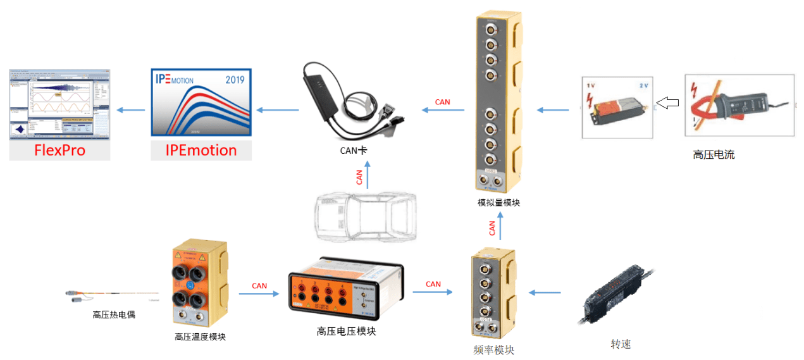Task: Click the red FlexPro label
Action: [x=59, y=151]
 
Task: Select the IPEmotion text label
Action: [x=201, y=151]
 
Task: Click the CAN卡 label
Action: [x=353, y=151]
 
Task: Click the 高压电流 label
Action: [x=714, y=154]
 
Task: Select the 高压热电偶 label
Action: [x=114, y=314]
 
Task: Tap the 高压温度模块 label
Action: [x=200, y=337]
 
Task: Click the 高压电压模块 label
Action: [x=346, y=331]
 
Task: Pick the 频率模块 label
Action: [x=493, y=349]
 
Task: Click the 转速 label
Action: [x=621, y=344]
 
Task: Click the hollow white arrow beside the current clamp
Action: [x=667, y=102]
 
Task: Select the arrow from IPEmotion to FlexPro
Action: [x=130, y=110]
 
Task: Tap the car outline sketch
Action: [x=366, y=216]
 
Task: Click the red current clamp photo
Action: [x=738, y=104]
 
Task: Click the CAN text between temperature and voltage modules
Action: [x=259, y=286]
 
